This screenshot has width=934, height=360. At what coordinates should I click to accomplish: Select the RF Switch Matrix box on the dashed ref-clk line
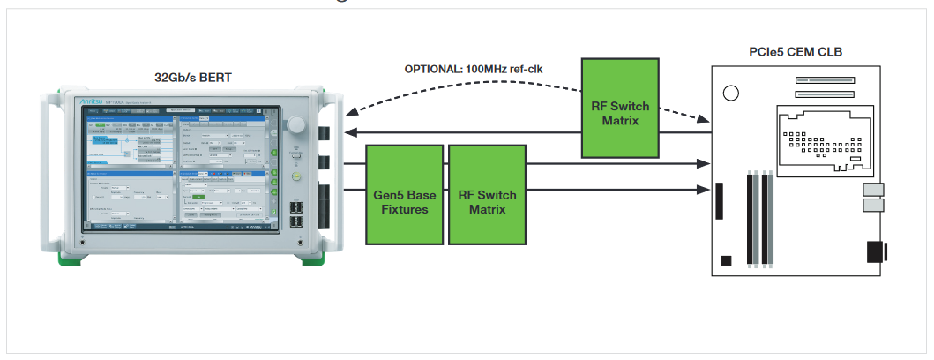pyautogui.click(x=620, y=107)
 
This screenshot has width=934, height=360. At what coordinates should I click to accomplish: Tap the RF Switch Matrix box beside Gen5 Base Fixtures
pyautogui.click(x=487, y=195)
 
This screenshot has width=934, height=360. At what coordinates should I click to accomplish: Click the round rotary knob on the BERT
pyautogui.click(x=295, y=124)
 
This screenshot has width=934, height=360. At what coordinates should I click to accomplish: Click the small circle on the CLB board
pyautogui.click(x=731, y=92)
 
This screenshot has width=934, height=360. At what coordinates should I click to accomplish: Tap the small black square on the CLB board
pyautogui.click(x=725, y=260)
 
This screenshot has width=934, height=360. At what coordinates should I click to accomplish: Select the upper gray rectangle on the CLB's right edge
pyautogui.click(x=873, y=191)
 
